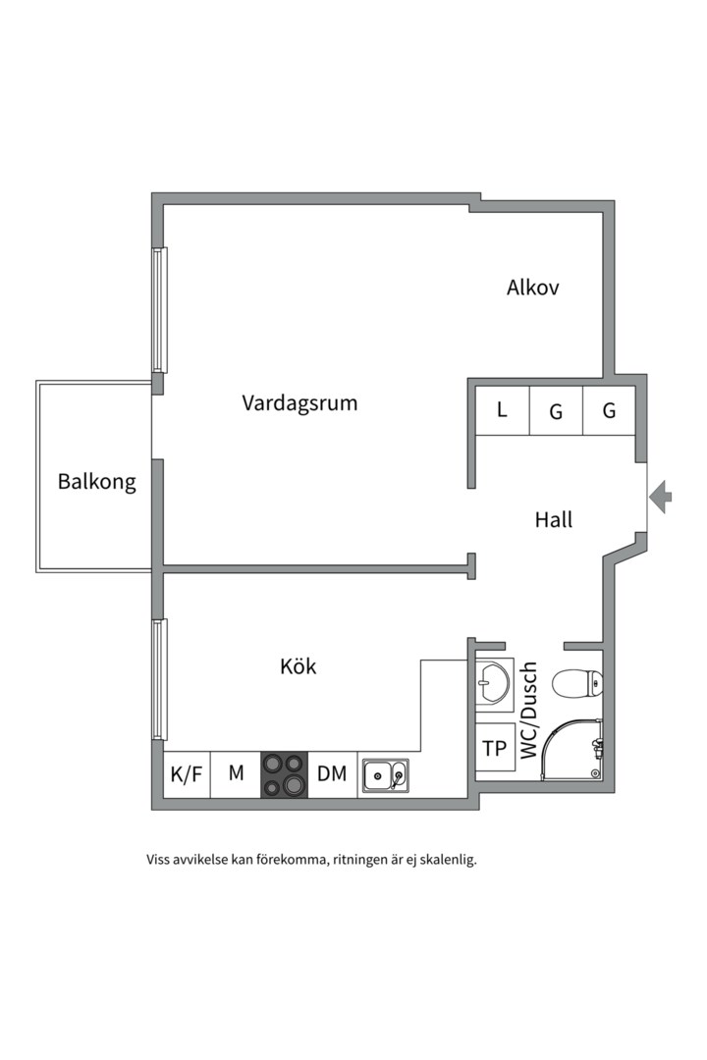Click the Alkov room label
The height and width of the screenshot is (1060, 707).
[x=533, y=288]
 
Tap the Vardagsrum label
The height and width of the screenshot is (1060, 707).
[x=299, y=402]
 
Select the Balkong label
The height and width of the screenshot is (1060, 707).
[x=96, y=482]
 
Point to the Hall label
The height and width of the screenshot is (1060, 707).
[x=554, y=520]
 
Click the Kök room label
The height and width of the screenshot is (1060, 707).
[x=299, y=666]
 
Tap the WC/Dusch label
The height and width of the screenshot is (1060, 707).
[x=529, y=709]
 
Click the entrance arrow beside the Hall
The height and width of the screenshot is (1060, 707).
[x=662, y=497]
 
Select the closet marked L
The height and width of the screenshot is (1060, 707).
[x=502, y=410]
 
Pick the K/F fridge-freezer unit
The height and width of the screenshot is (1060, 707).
[x=187, y=774]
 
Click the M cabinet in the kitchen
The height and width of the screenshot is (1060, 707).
[x=236, y=774]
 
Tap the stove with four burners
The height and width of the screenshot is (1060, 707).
[x=284, y=774]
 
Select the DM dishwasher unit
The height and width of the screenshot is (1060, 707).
[x=332, y=774]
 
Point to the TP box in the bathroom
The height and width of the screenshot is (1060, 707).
[x=495, y=749]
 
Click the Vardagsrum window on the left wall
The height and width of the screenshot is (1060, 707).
[x=159, y=310]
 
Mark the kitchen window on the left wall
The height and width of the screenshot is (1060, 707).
[x=159, y=679]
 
